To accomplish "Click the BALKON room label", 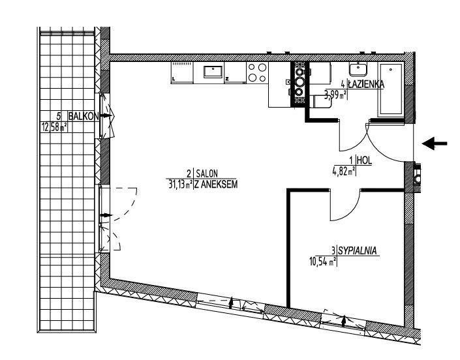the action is (84, 116).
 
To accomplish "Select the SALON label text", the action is (207, 173).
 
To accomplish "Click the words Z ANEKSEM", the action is (216, 185).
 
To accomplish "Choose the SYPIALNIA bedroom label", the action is (358, 251).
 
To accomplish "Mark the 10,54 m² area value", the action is (323, 261).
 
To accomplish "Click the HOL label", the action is (364, 160).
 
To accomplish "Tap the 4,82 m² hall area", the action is (343, 171).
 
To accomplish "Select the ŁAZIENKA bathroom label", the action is (366, 84).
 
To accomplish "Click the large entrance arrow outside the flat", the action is (435, 143).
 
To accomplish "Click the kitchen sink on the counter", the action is (213, 72).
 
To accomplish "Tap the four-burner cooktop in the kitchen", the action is (257, 72).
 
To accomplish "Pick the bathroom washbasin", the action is (358, 69).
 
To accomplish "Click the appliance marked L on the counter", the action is (182, 72).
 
